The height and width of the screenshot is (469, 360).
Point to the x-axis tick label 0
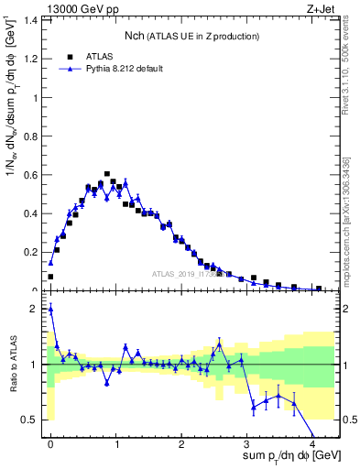[50, 442]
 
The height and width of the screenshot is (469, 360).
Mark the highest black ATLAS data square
[107, 173]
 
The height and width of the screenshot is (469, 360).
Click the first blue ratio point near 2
[50, 309]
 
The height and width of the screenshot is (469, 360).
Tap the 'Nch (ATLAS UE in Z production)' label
[192, 36]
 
